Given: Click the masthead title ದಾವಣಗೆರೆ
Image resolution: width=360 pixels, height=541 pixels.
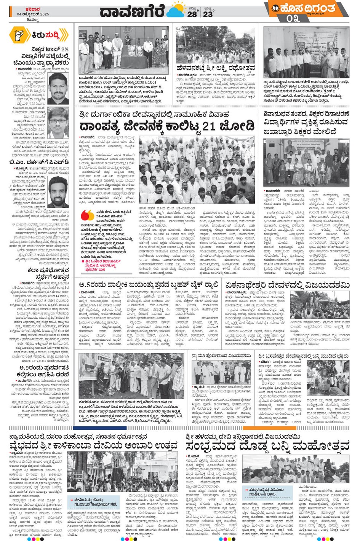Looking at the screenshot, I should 132,11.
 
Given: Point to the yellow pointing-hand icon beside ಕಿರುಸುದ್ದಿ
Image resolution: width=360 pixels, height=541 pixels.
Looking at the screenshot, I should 17,35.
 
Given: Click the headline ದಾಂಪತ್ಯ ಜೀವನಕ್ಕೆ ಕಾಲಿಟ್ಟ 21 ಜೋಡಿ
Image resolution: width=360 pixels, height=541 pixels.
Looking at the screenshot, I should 166,126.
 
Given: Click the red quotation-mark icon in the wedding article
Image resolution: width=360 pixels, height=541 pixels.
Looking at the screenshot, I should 87,215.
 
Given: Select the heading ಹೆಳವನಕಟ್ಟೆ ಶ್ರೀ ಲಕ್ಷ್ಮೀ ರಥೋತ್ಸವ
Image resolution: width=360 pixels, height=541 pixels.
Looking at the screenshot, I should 216,68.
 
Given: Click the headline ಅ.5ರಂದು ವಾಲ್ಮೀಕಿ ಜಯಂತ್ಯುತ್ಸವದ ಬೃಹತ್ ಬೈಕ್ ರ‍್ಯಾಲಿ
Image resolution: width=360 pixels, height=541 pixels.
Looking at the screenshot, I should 149,285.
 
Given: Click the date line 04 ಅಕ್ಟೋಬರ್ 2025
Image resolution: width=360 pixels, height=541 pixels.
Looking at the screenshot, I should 33,14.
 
